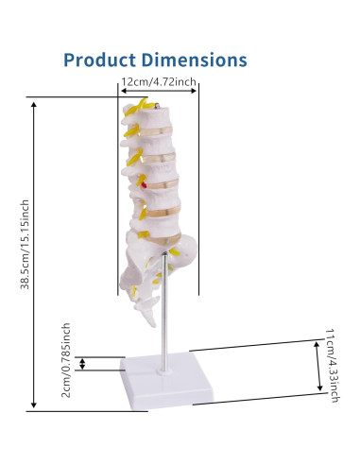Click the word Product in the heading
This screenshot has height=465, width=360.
pos(99,60)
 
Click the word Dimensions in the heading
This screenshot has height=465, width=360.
pos(194,60)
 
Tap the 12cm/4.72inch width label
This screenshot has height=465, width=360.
pos(159,82)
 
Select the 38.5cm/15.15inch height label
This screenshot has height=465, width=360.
pos(25,245)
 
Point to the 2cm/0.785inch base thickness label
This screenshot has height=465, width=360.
pos(66,360)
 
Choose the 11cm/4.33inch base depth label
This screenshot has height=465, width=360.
pos(333,366)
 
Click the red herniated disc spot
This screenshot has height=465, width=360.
pos(145,185)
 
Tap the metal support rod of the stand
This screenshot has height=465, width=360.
pos(164,312)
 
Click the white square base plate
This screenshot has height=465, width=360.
pos(167,381)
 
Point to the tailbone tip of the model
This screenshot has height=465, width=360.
pos(153,324)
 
